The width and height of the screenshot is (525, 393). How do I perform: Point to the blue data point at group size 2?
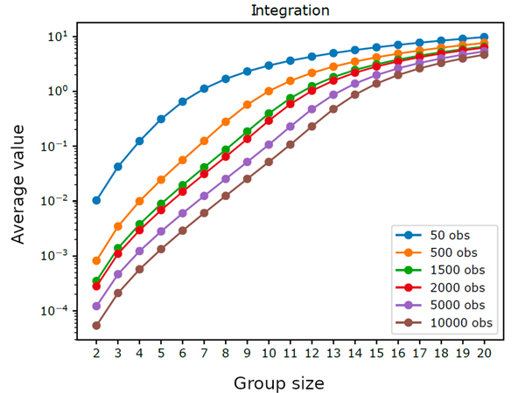[x=96, y=200]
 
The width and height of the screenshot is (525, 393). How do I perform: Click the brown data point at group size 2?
[x=96, y=326]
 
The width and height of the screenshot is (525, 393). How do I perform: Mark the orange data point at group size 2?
[x=96, y=260]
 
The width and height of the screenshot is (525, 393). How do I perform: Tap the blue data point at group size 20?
[x=484, y=38]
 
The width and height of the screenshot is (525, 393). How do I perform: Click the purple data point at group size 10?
[x=269, y=144]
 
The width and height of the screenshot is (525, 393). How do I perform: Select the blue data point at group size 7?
[x=204, y=88]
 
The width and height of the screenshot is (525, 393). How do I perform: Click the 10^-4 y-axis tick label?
[x=59, y=311]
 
